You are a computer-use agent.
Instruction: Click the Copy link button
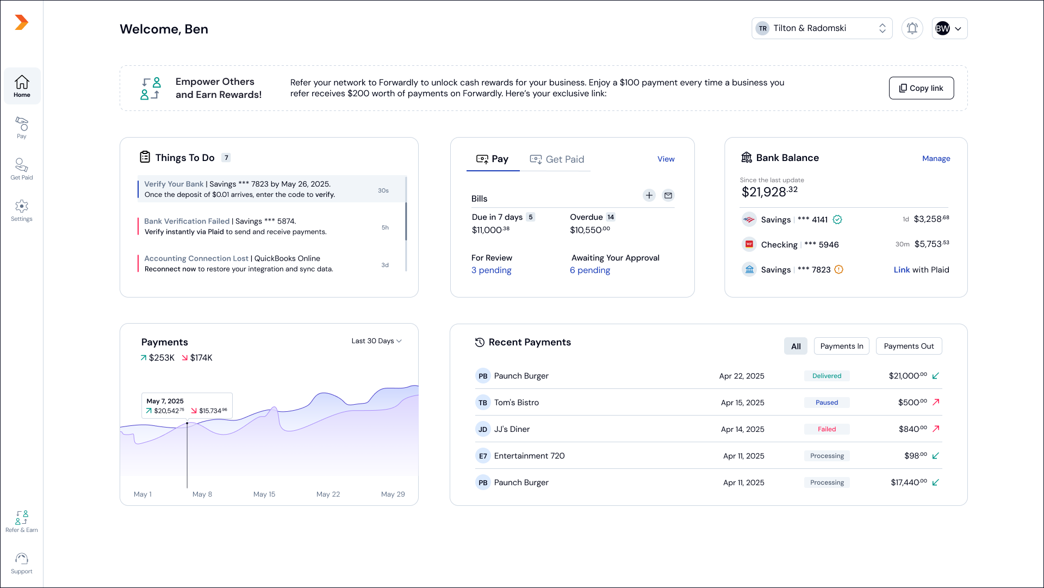tap(921, 88)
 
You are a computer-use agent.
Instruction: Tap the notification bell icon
tap(912, 28)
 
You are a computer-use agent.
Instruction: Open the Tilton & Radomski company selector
tap(822, 28)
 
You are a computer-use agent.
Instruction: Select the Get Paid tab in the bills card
tap(557, 159)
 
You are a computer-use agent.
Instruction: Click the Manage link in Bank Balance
tap(936, 158)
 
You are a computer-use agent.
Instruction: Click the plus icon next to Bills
tap(649, 195)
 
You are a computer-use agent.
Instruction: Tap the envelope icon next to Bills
tap(668, 195)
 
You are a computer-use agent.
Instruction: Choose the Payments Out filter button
tap(909, 346)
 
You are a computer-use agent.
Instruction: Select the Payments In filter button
tap(841, 346)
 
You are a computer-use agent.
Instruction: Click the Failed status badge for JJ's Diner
tap(826, 429)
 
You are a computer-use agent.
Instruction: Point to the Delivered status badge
tap(826, 376)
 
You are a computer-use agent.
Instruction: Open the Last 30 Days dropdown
tap(376, 341)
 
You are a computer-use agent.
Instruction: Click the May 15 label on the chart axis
tap(264, 494)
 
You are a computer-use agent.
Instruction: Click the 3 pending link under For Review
tap(492, 270)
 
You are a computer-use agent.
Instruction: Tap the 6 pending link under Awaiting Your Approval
tap(590, 270)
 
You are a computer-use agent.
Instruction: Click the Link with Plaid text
tap(921, 270)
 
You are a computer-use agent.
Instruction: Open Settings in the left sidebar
tap(22, 210)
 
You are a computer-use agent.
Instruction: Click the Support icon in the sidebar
tap(22, 562)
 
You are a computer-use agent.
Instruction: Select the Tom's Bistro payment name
tap(516, 403)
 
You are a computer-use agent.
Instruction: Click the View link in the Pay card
tap(666, 159)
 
